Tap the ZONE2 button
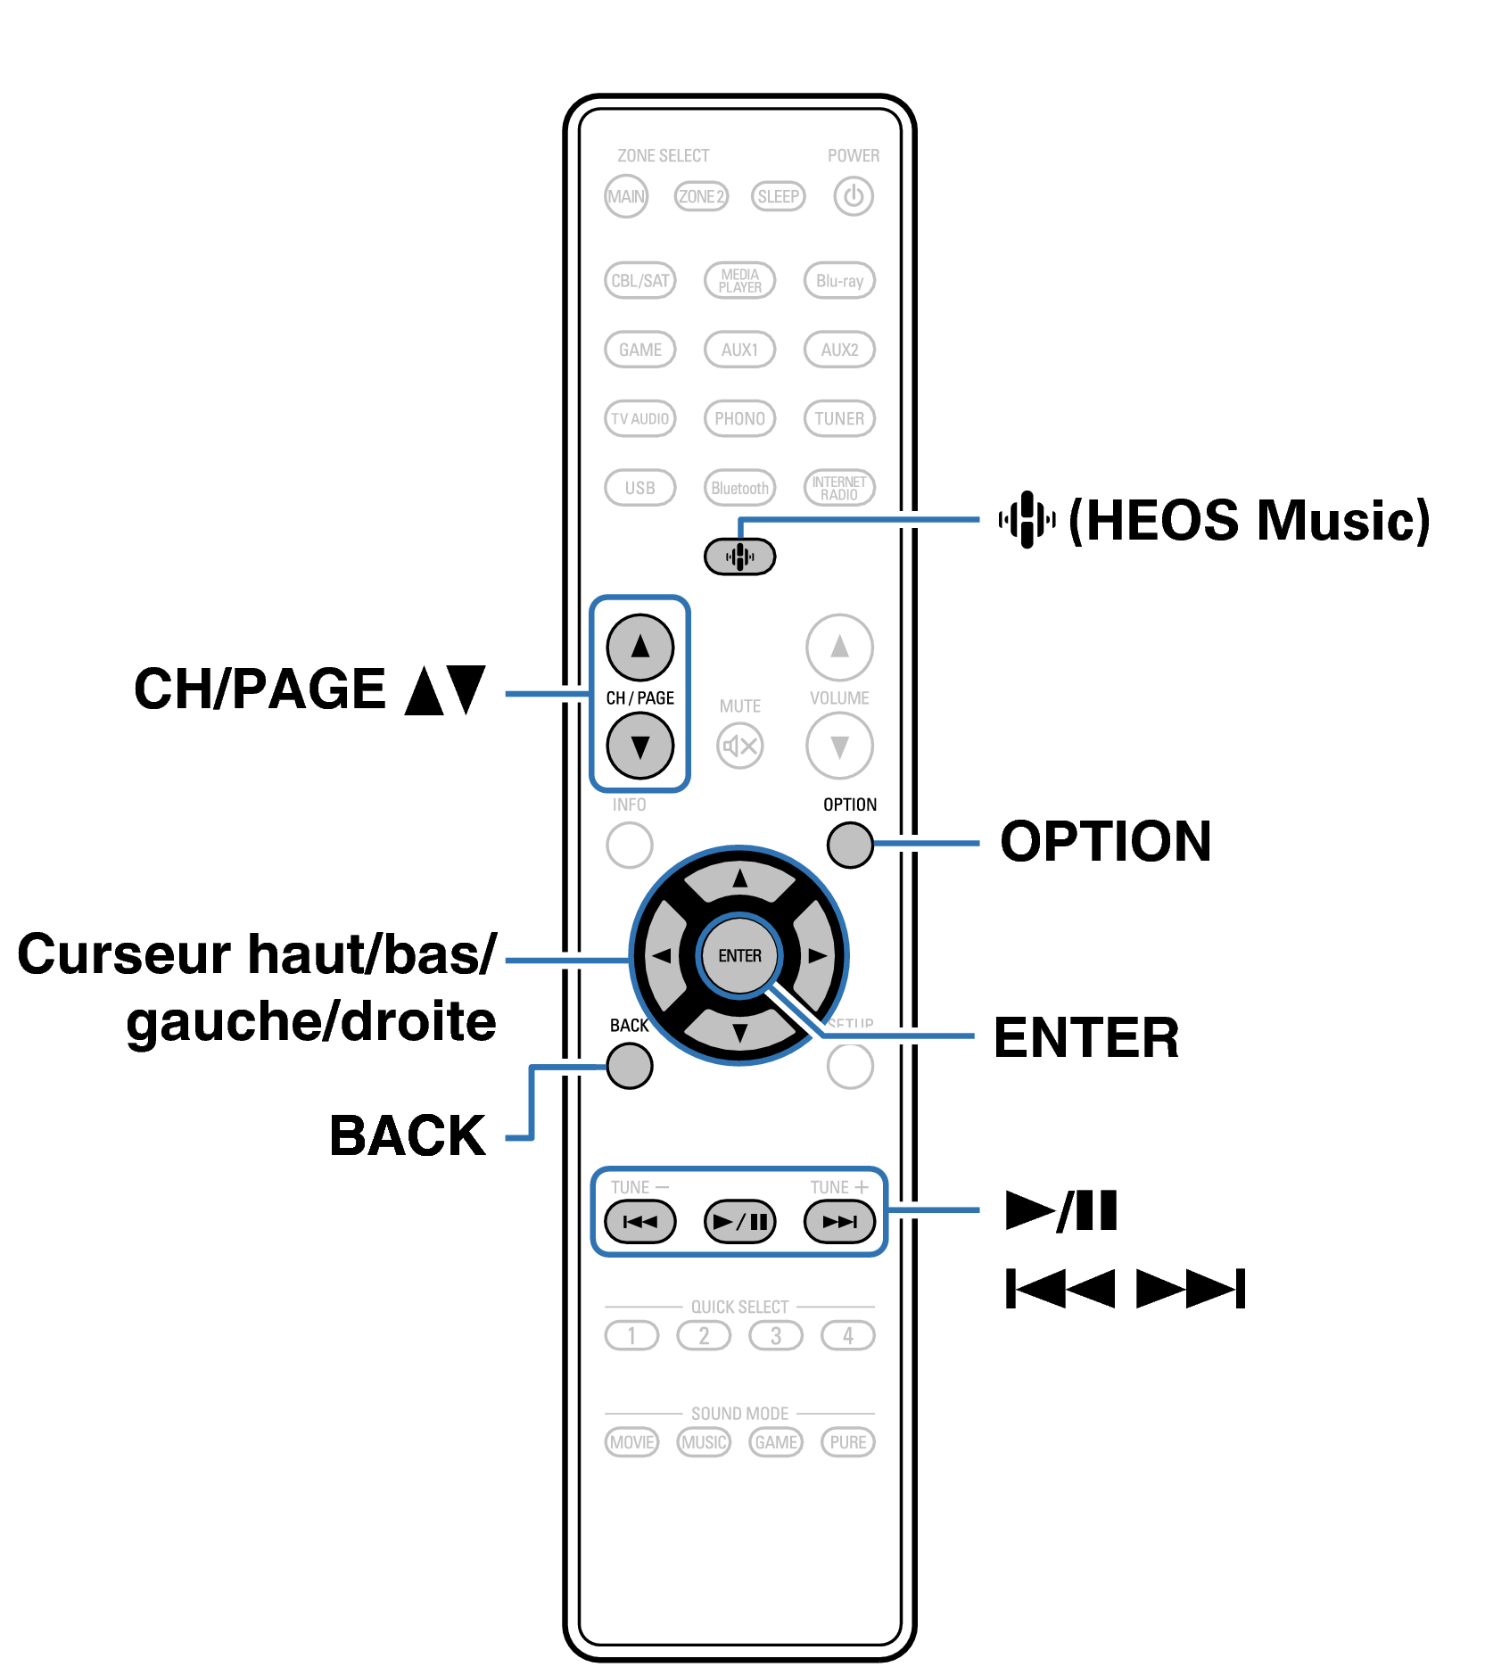click(x=701, y=196)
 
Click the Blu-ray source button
click(x=839, y=281)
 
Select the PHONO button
click(x=739, y=418)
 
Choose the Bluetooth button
click(x=739, y=488)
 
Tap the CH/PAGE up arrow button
click(x=640, y=647)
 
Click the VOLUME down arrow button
click(x=839, y=746)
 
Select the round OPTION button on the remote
click(x=850, y=845)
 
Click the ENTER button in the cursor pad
click(x=739, y=955)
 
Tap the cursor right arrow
click(x=816, y=955)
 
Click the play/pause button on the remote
click(x=739, y=1221)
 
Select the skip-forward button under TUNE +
click(x=839, y=1221)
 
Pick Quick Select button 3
click(x=776, y=1335)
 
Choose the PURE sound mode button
click(x=847, y=1442)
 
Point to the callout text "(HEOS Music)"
click(x=1249, y=520)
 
